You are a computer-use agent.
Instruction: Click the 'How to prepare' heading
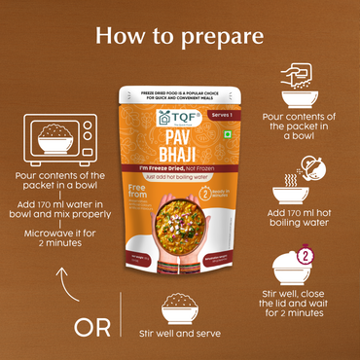(180, 37)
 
